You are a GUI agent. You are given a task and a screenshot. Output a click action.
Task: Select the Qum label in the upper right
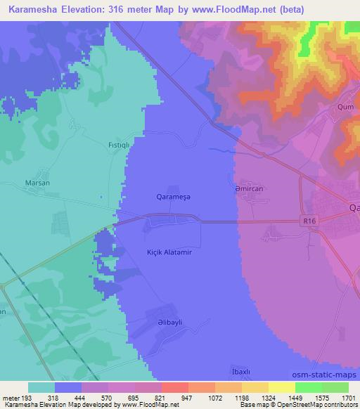[x=345, y=108]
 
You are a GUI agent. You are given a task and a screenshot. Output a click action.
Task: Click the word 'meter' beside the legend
[x=11, y=397]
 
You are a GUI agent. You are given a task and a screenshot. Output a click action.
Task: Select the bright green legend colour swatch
[x=308, y=387]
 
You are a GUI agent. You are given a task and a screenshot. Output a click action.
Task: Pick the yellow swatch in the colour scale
[x=282, y=387]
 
